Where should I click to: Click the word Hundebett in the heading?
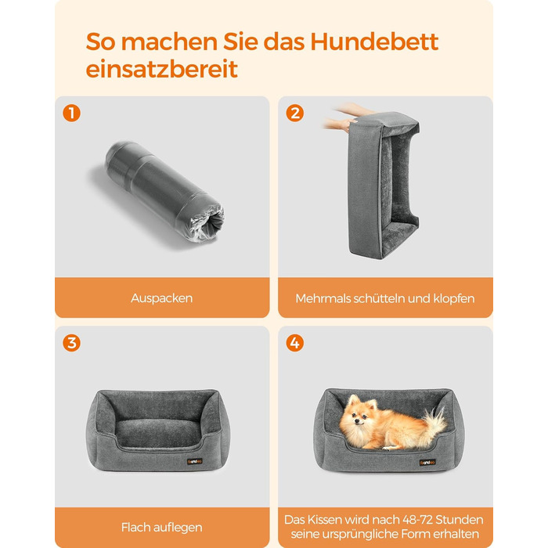[374, 42]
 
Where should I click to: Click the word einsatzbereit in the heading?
[162, 69]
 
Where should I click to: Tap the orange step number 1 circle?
[72, 114]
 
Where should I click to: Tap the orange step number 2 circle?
[295, 114]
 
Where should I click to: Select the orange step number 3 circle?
[72, 343]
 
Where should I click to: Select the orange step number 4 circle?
[295, 343]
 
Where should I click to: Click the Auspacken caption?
[162, 298]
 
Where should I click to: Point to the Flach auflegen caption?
[162, 527]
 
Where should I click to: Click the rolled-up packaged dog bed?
[164, 191]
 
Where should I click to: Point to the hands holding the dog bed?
[340, 117]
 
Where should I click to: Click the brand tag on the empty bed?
[195, 461]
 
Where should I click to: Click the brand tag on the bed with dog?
[427, 462]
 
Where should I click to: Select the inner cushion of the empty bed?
[157, 433]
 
